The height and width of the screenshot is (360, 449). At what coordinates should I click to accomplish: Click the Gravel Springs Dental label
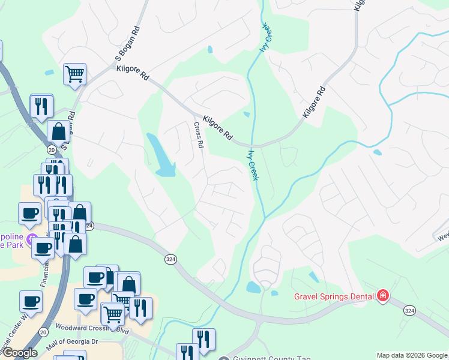tap(333, 296)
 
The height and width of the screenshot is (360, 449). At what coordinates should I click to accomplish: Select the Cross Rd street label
tap(199, 136)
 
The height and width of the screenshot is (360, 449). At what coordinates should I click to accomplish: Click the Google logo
tap(19, 353)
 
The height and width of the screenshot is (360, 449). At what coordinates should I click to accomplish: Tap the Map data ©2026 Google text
tap(412, 355)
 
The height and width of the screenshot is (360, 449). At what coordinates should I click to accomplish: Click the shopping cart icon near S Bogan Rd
tap(75, 74)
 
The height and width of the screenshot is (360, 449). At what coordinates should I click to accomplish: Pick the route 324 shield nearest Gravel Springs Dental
tap(409, 310)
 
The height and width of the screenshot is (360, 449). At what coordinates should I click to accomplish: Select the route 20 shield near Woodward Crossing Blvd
tap(43, 331)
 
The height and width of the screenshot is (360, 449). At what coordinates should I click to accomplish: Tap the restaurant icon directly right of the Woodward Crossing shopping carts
tap(140, 308)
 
